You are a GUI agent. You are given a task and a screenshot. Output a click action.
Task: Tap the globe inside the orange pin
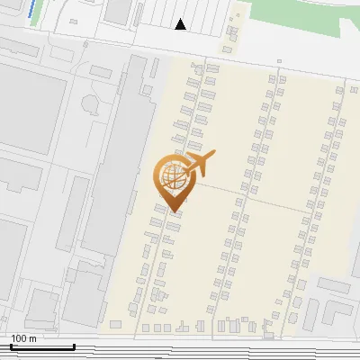171,178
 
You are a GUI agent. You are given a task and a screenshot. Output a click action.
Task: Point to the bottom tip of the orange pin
173,212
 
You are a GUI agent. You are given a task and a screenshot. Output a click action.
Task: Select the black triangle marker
181,24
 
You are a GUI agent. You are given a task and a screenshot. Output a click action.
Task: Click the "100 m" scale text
24,338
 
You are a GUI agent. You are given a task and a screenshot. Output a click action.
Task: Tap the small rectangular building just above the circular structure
101,71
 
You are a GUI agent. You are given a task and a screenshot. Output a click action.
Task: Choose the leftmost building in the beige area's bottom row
114,324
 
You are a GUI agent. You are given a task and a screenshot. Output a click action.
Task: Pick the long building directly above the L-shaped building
333,285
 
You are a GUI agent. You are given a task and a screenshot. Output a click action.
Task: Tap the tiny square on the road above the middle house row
279,62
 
